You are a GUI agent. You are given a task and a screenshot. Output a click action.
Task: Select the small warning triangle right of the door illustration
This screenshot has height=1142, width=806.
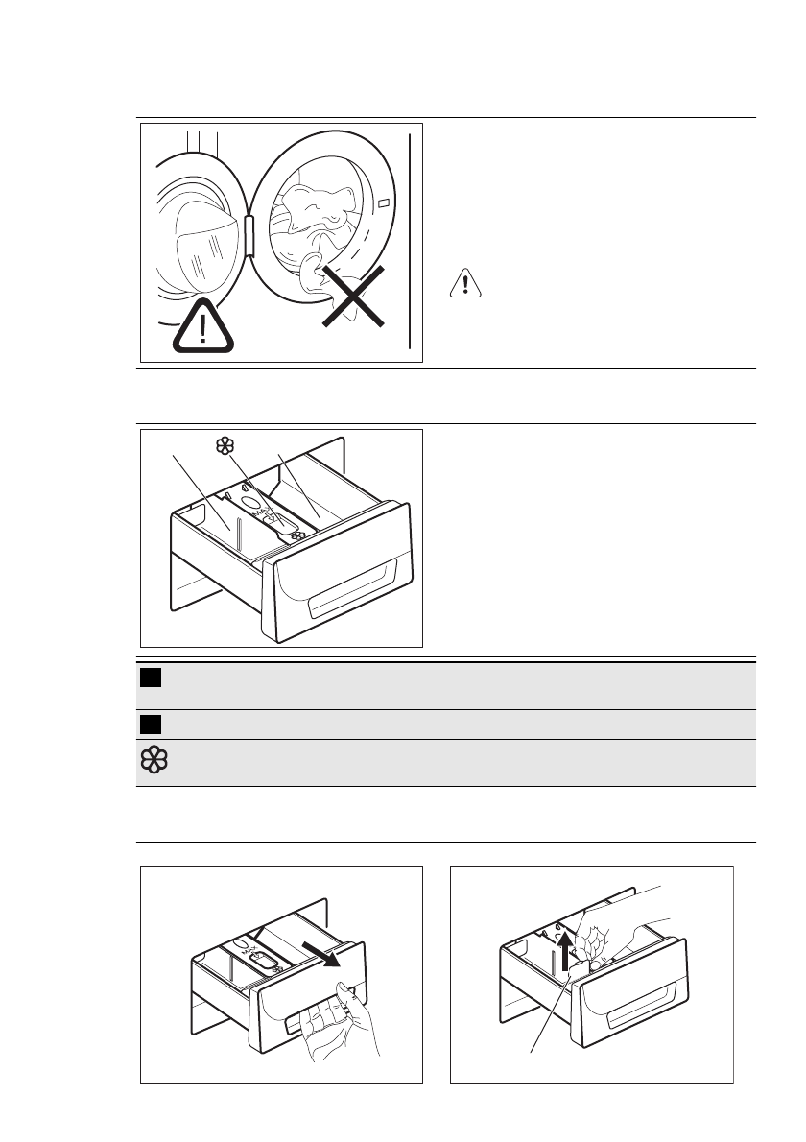(x=463, y=283)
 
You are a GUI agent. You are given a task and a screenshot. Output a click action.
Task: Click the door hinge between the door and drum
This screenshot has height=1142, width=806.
(x=249, y=235)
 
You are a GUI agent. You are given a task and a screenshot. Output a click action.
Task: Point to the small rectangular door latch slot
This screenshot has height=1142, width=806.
(x=383, y=204)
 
